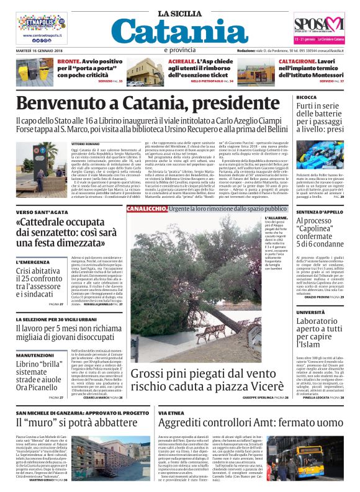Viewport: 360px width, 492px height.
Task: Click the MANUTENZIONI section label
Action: pos(35,338)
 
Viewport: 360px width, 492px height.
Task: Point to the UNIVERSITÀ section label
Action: pos(293,312)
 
